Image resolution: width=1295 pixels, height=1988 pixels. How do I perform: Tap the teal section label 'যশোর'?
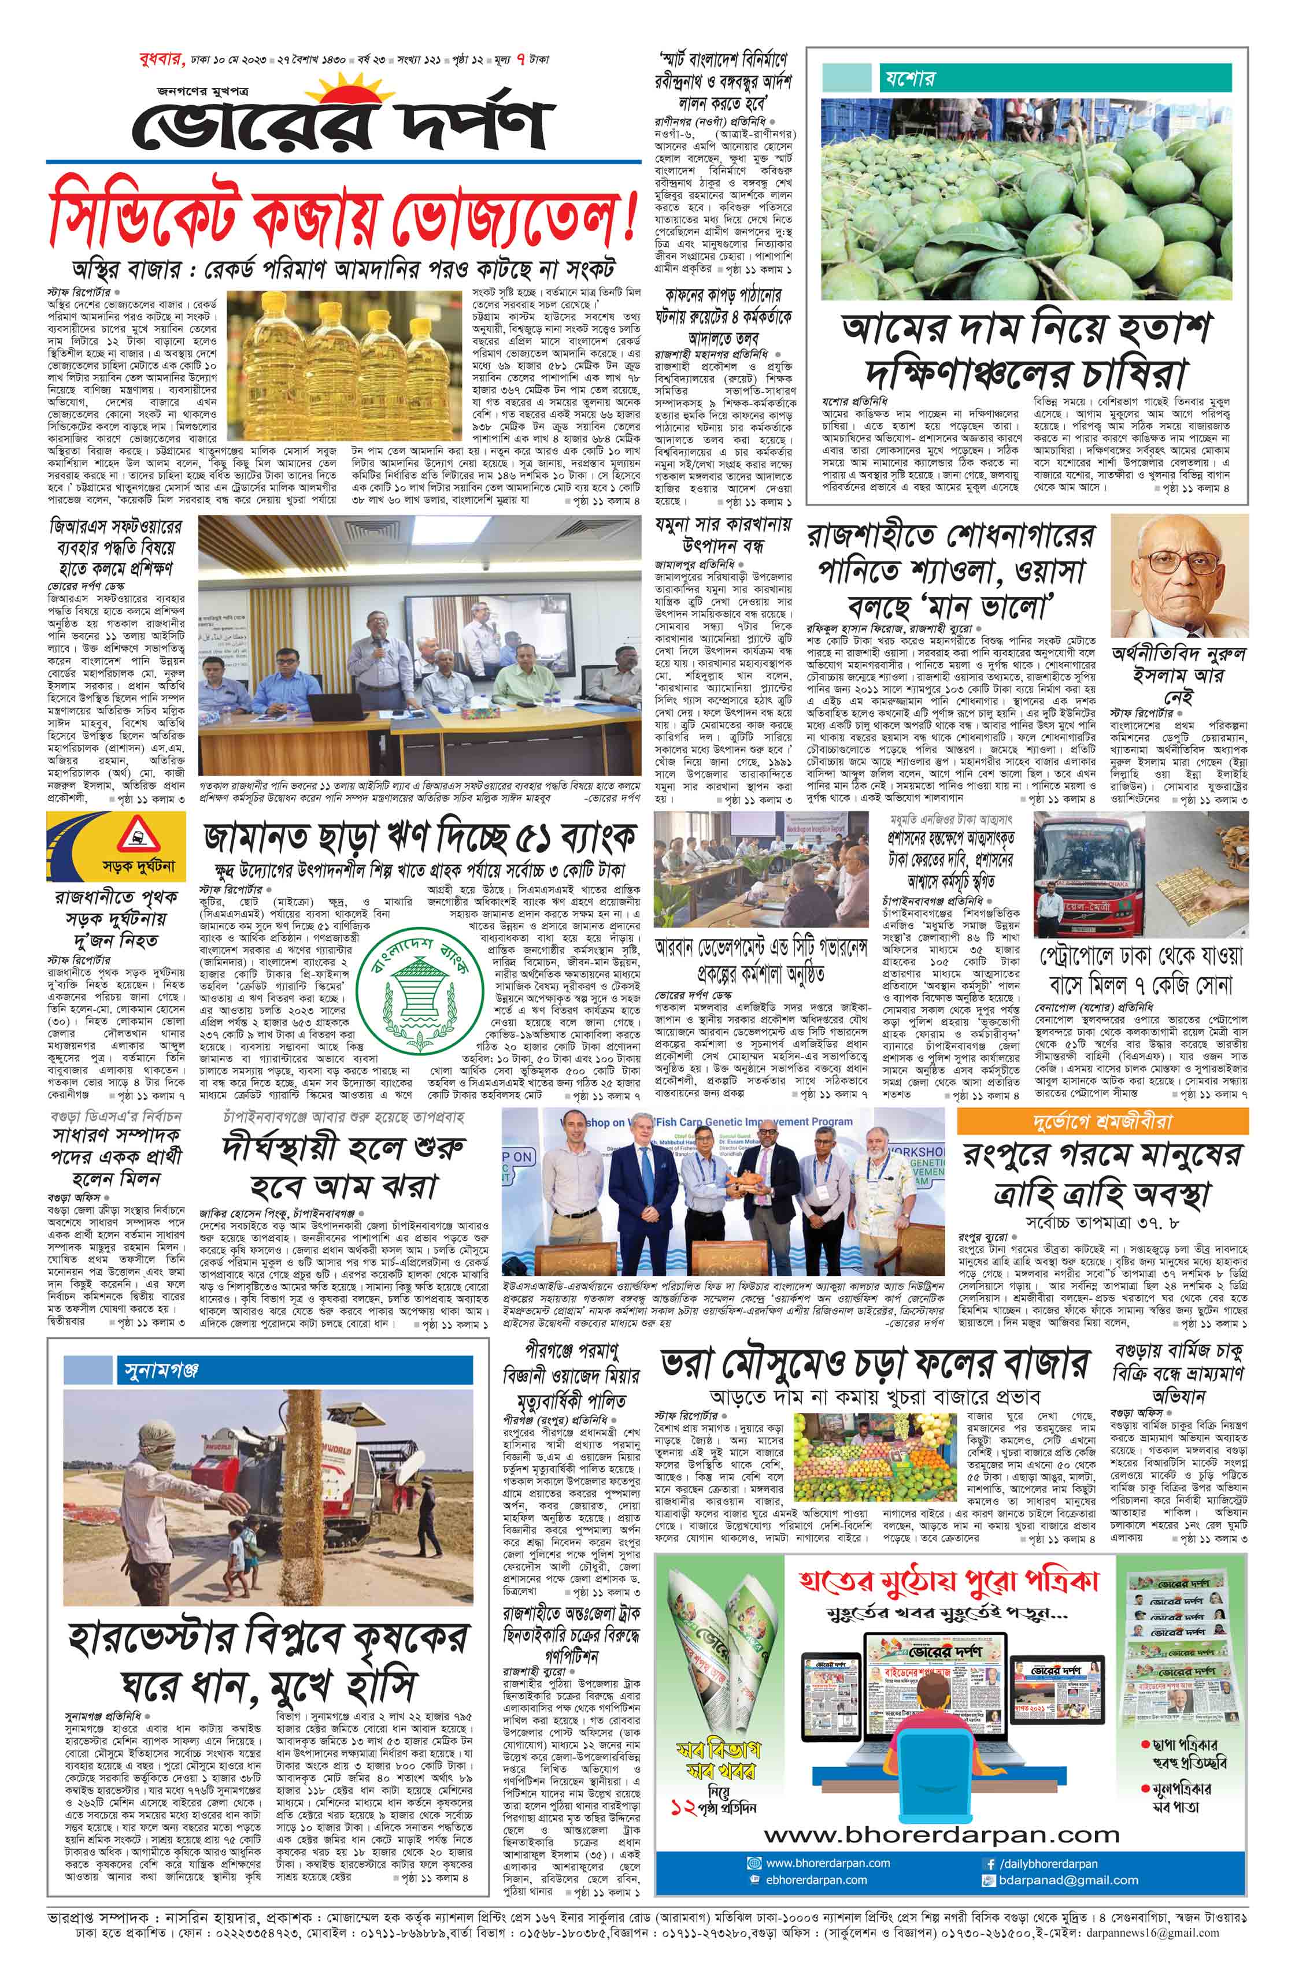[x=906, y=79]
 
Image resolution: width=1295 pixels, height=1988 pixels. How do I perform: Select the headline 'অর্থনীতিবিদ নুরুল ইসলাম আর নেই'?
[x=1178, y=675]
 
